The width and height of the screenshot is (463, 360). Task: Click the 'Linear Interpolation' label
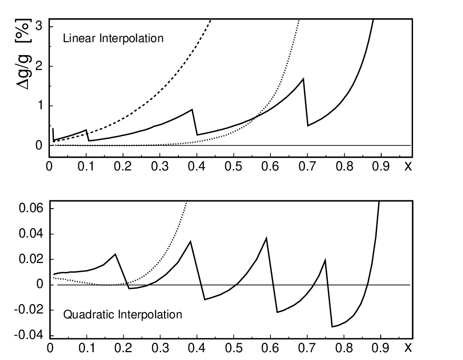113,39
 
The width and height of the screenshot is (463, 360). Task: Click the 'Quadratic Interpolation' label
122,314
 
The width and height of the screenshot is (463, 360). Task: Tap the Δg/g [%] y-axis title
23,54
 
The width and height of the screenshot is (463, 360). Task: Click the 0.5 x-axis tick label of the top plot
233,167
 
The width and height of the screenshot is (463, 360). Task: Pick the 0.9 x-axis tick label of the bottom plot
380,348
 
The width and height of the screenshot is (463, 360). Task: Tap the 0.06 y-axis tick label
31,208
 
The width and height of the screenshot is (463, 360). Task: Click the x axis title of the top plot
408,167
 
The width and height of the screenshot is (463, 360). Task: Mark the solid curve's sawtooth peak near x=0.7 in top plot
303,78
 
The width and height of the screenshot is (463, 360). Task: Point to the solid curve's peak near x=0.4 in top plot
192,110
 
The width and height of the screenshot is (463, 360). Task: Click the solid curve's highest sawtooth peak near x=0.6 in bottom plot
267,238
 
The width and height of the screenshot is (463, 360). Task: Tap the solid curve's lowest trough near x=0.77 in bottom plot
332,327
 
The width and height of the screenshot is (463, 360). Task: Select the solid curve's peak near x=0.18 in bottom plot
115,254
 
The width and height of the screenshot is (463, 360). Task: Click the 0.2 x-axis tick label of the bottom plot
123,348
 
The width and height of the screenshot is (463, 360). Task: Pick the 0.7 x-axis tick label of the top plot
307,167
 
